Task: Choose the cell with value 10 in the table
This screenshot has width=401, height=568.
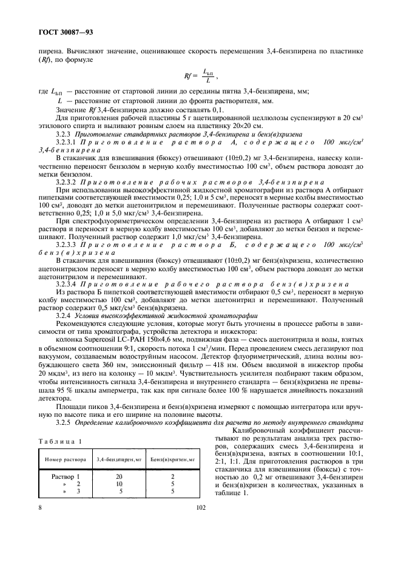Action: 119,483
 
